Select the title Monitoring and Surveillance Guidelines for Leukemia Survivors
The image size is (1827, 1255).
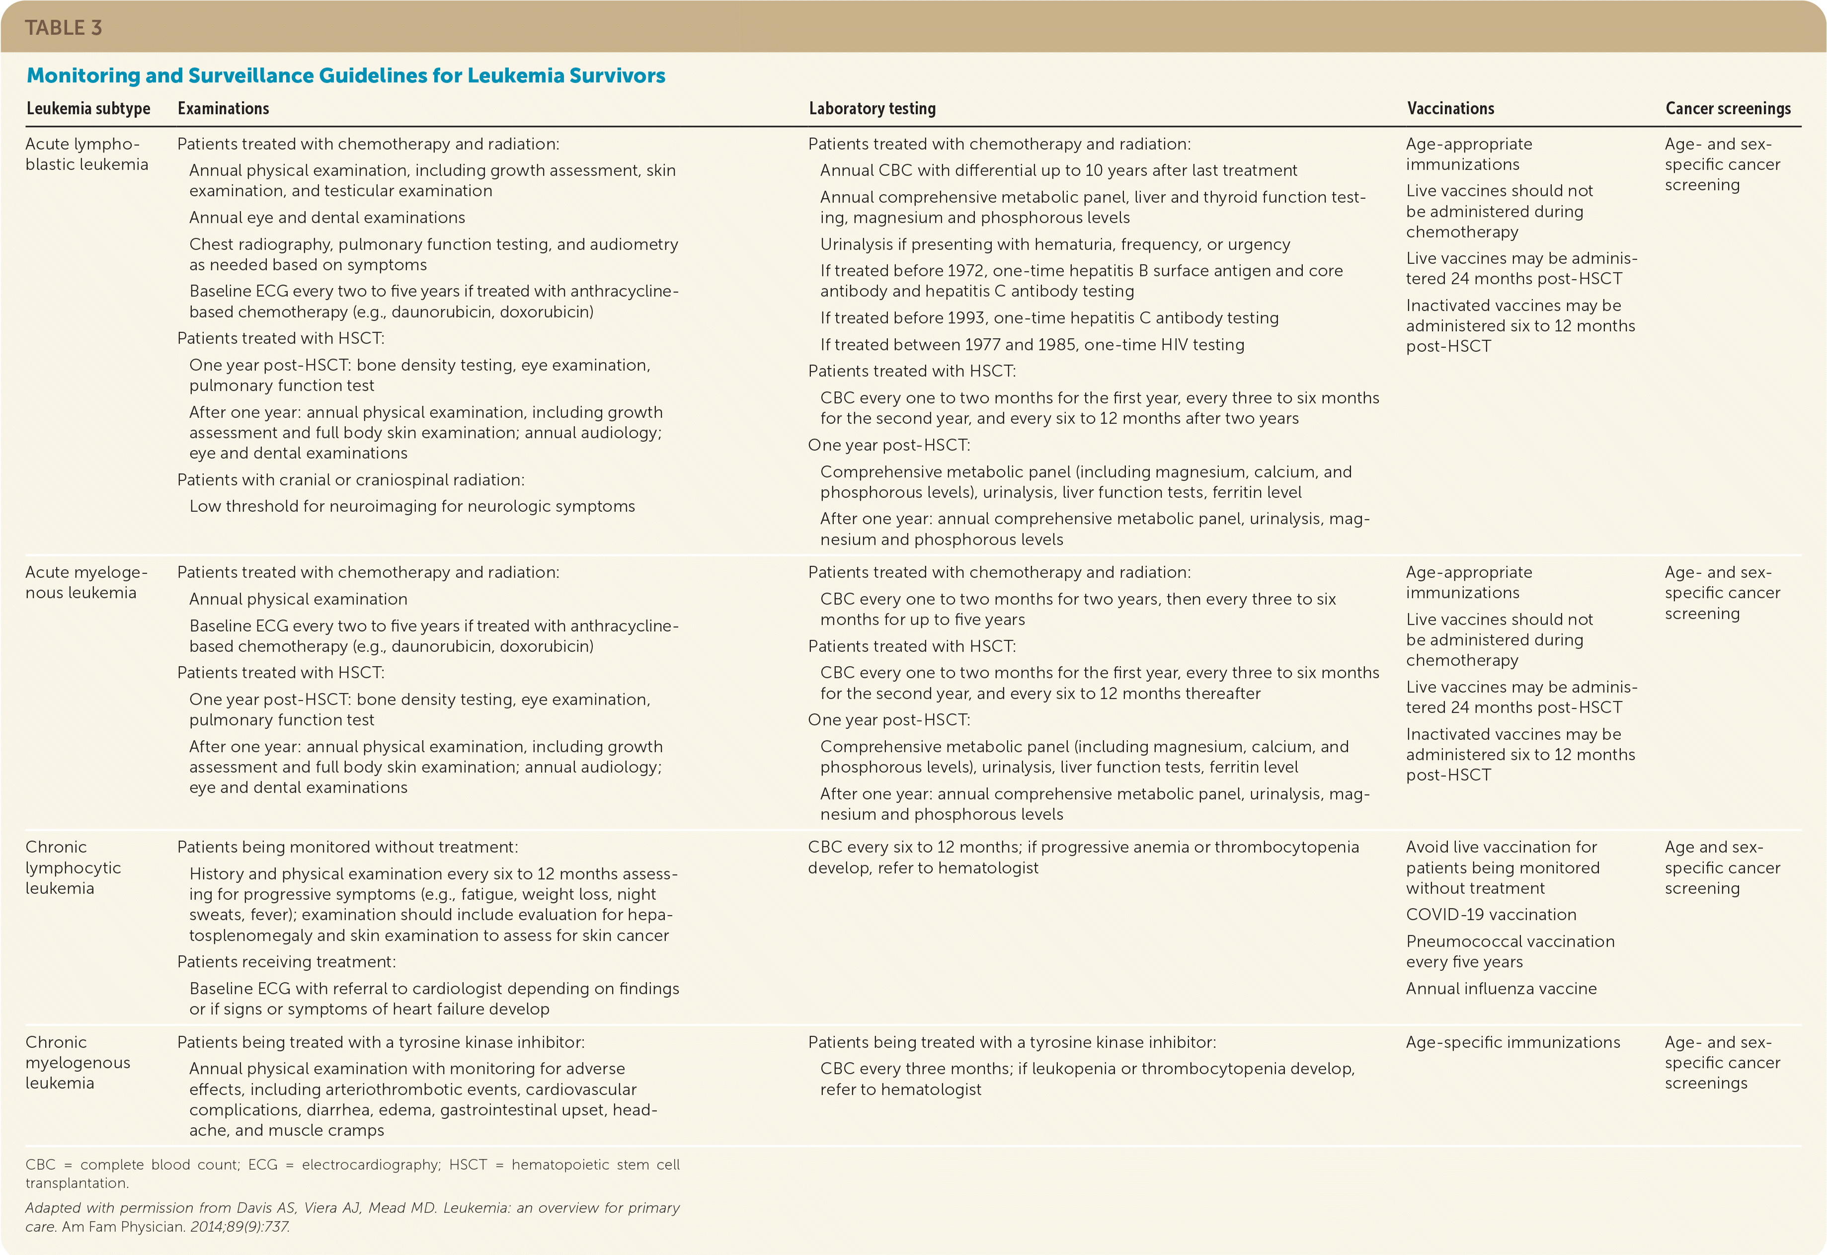pos(345,76)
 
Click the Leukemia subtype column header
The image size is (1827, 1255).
pos(88,108)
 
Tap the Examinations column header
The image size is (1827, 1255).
pos(224,108)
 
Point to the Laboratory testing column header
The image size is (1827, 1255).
pos(872,108)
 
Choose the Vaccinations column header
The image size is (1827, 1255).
pos(1450,108)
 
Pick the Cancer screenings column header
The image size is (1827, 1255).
pos(1728,108)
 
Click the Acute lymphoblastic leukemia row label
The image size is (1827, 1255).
pos(86,154)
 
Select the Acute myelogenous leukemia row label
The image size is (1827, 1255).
pos(86,583)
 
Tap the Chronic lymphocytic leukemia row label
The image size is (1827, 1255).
pos(73,867)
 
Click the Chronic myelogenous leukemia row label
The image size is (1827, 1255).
pos(77,1062)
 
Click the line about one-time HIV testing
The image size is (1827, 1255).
pos(1032,344)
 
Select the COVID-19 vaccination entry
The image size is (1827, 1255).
pos(1491,915)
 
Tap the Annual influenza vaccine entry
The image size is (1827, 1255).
pos(1501,988)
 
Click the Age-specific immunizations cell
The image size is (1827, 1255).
pos(1512,1042)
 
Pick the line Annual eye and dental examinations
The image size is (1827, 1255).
pos(326,218)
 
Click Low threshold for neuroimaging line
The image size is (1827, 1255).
pos(411,506)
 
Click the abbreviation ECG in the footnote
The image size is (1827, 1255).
pos(263,1165)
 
